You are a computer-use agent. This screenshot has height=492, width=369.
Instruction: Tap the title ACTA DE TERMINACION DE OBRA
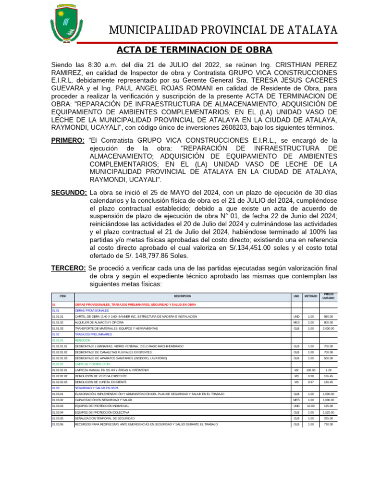point(194,50)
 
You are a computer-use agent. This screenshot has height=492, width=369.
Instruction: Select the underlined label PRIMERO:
point(68,140)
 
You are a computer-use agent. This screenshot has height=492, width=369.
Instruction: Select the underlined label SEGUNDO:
point(69,193)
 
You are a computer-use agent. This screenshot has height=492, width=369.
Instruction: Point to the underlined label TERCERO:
point(69,268)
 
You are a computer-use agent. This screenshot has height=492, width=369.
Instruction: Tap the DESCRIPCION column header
point(182,296)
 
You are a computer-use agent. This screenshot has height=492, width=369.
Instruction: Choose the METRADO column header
point(310,296)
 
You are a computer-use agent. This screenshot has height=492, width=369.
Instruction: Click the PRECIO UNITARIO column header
point(329,296)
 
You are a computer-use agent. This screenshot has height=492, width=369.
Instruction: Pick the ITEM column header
point(62,296)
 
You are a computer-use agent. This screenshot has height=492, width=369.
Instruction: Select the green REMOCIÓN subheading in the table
point(83,340)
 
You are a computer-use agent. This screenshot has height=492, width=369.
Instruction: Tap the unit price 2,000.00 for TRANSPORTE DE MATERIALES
point(329,328)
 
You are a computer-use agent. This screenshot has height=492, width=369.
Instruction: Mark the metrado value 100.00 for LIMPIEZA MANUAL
point(310,370)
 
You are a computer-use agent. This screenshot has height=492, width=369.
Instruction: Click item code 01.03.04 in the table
point(58,412)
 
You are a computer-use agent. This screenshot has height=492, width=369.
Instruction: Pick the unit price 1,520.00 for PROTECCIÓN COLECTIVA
point(329,412)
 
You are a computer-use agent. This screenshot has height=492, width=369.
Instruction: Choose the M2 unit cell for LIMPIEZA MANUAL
point(296,370)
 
